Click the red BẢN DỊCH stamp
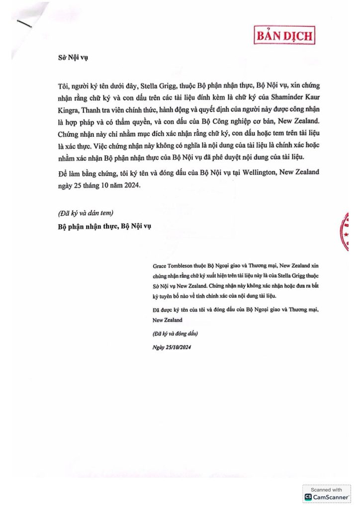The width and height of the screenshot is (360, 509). click(x=285, y=35)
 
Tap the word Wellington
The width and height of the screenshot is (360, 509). click(x=254, y=172)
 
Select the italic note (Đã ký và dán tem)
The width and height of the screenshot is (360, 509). click(x=85, y=213)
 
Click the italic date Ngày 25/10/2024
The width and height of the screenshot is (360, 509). click(x=172, y=347)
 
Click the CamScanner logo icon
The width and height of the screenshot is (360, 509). click(x=308, y=497)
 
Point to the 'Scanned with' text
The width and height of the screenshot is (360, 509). click(x=327, y=490)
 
